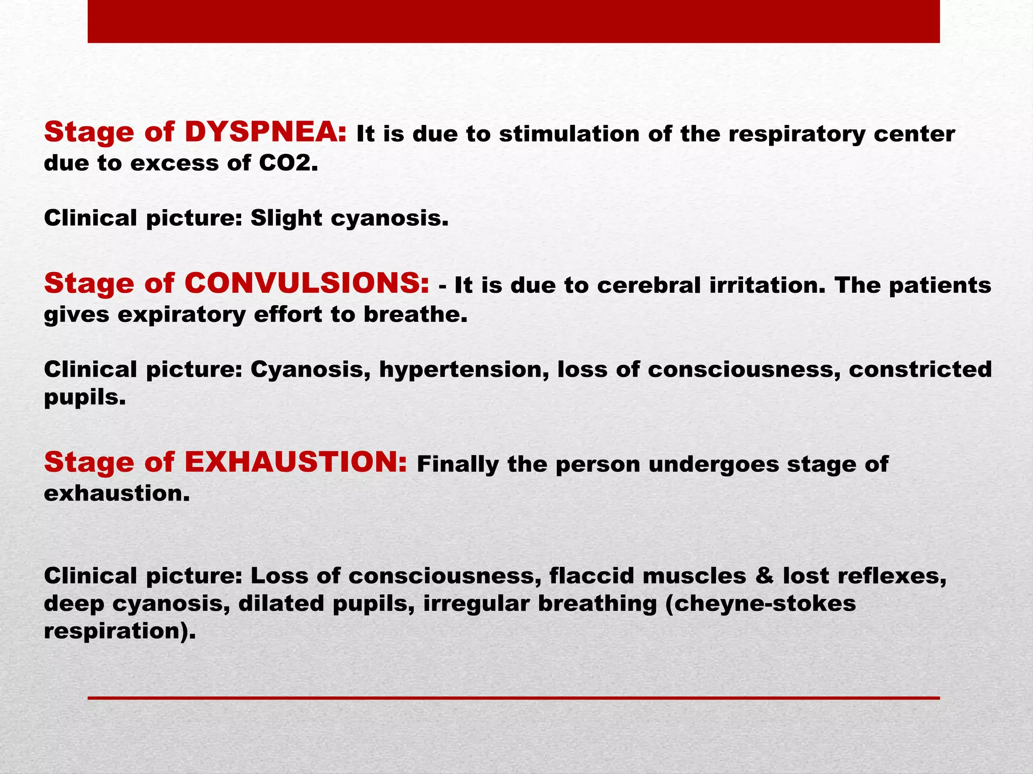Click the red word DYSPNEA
[x=265, y=133]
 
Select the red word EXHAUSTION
[x=296, y=462]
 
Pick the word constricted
[x=920, y=369]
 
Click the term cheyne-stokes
[x=766, y=604]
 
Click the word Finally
[x=457, y=464]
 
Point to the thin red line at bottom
[x=513, y=698]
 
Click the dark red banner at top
[x=513, y=21]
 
